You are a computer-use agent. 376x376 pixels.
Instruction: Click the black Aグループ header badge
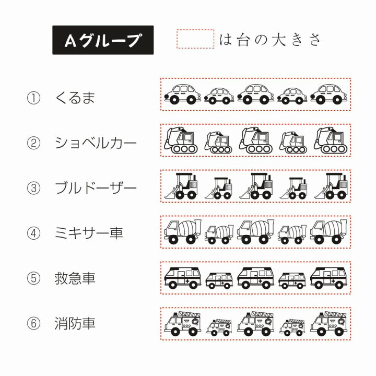point(103,40)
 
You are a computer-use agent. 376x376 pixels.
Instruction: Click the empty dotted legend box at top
point(196,39)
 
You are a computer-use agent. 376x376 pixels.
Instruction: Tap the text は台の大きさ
point(271,40)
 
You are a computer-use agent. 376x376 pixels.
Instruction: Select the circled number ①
point(33,98)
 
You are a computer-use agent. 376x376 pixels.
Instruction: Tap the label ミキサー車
point(89,232)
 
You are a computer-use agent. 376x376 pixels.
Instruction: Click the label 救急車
point(75,278)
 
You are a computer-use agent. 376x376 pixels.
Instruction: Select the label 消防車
point(75,323)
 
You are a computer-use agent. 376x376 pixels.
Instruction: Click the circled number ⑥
point(33,323)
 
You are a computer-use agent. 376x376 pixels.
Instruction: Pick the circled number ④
point(33,232)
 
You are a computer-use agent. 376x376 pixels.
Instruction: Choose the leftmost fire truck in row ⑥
point(182,323)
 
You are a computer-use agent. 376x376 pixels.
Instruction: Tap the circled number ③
point(33,187)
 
